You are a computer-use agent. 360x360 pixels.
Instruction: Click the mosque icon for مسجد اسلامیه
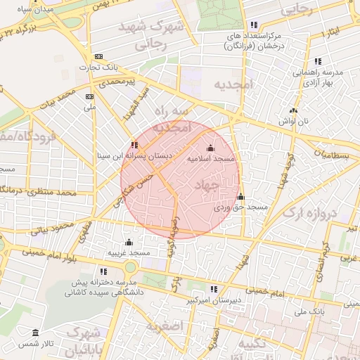(x=211, y=148)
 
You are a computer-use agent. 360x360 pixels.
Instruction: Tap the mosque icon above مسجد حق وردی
(x=240, y=196)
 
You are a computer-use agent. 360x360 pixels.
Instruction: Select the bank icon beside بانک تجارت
(x=98, y=56)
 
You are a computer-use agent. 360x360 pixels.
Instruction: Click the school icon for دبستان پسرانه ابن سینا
(x=134, y=146)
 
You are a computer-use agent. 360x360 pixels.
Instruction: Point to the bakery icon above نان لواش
(x=293, y=110)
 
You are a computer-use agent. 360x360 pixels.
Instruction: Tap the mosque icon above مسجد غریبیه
(x=128, y=242)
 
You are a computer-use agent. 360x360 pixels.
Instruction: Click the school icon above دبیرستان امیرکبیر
(x=213, y=288)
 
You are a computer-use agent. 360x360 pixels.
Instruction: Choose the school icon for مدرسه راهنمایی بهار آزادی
(x=318, y=61)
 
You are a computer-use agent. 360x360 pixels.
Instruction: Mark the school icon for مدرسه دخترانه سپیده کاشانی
(x=104, y=271)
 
